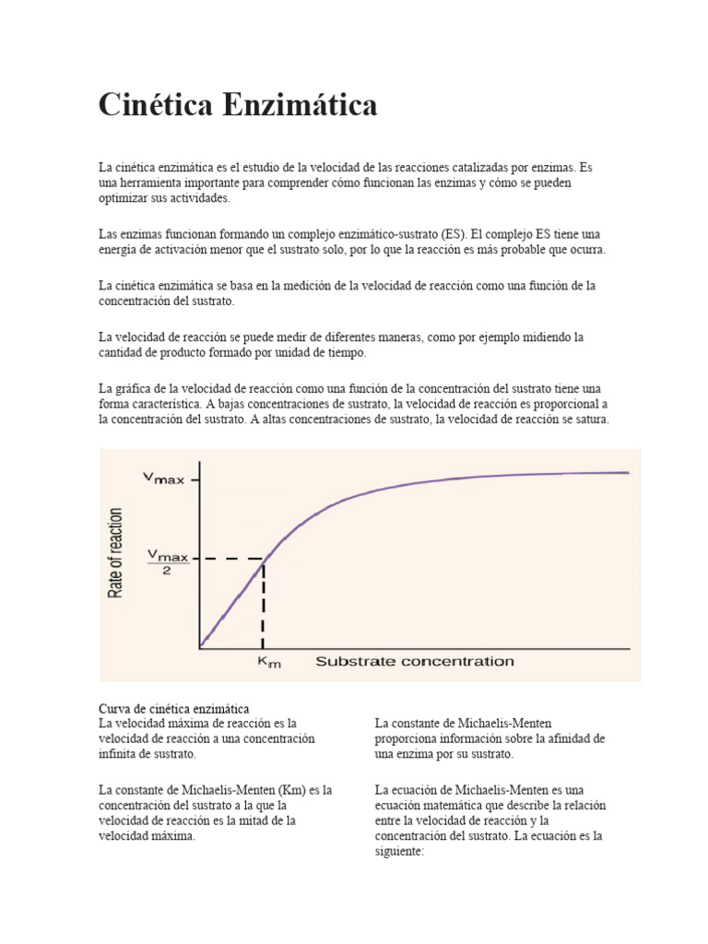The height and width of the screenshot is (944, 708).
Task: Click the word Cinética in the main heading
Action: click(x=157, y=105)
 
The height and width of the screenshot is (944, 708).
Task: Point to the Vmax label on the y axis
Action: click(x=163, y=478)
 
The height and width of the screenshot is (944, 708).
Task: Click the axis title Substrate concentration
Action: click(x=415, y=661)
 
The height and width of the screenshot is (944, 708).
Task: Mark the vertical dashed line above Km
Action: click(x=264, y=608)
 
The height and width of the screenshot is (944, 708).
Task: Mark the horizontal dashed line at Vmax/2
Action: click(x=230, y=560)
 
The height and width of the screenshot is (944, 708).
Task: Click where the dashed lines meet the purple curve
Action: click(x=265, y=560)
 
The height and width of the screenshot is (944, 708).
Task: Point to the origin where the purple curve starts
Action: click(x=200, y=646)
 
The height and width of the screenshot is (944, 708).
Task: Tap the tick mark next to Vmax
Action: click(x=195, y=478)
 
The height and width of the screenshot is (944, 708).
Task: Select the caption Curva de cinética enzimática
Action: click(x=173, y=708)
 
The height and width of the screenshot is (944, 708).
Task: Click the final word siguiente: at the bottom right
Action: click(x=398, y=853)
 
